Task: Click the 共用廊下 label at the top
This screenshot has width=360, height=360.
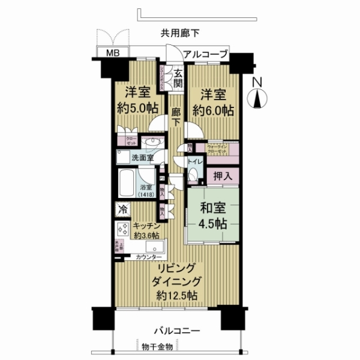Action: pyautogui.click(x=180, y=34)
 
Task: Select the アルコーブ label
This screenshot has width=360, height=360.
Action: pyautogui.click(x=205, y=55)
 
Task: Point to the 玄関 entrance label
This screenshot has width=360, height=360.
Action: pyautogui.click(x=179, y=78)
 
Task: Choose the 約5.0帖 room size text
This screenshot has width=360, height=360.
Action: pyautogui.click(x=137, y=111)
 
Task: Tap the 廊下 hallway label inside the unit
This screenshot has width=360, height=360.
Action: pyautogui.click(x=175, y=116)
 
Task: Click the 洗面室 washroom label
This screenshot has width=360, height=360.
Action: pyautogui.click(x=142, y=158)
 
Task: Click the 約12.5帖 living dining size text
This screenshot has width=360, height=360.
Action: pyautogui.click(x=176, y=295)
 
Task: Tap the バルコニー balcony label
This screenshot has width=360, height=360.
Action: pyautogui.click(x=176, y=331)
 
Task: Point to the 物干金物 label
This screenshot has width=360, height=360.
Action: pyautogui.click(x=157, y=347)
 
